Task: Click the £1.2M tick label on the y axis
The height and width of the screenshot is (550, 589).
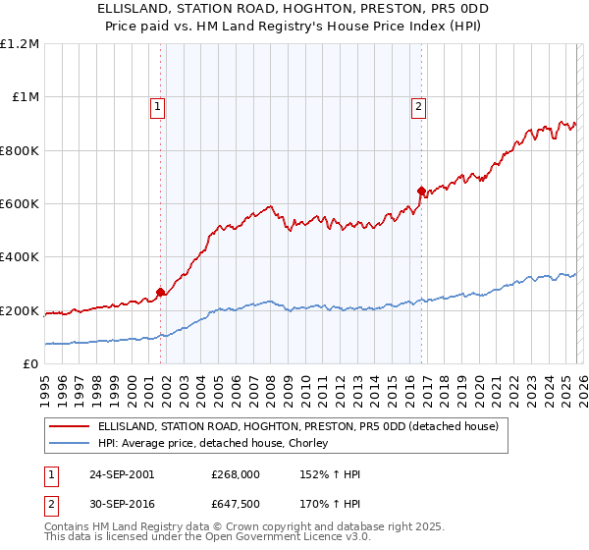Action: click(20, 43)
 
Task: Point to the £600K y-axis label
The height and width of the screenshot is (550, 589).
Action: click(20, 204)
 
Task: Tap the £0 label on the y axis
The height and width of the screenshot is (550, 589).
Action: click(30, 364)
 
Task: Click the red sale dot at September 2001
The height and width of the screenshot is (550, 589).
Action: click(161, 292)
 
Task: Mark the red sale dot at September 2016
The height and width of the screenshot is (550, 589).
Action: click(421, 191)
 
